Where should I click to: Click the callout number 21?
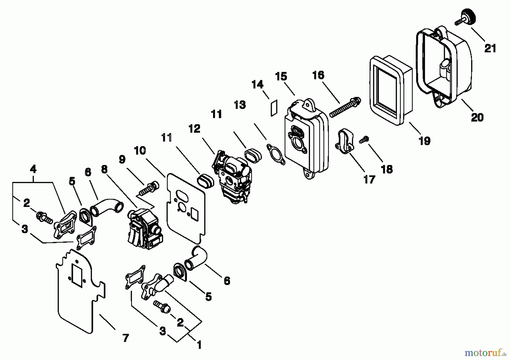(490, 48)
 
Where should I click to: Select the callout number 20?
(477, 117)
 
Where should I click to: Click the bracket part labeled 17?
(345, 141)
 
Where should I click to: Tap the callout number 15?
(281, 76)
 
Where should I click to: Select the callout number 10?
(140, 151)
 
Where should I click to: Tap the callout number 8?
(104, 169)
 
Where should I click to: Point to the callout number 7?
(126, 338)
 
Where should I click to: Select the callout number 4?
(33, 169)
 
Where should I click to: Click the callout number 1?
(199, 345)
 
